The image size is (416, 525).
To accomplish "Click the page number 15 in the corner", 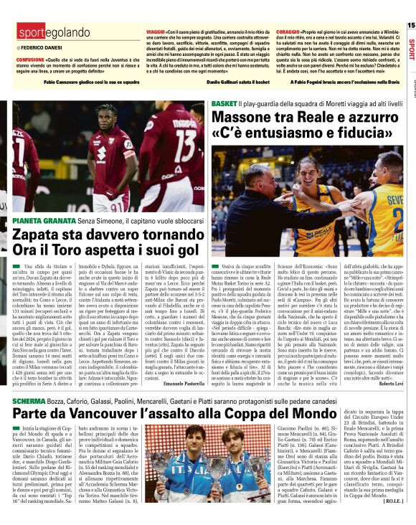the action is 410,24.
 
